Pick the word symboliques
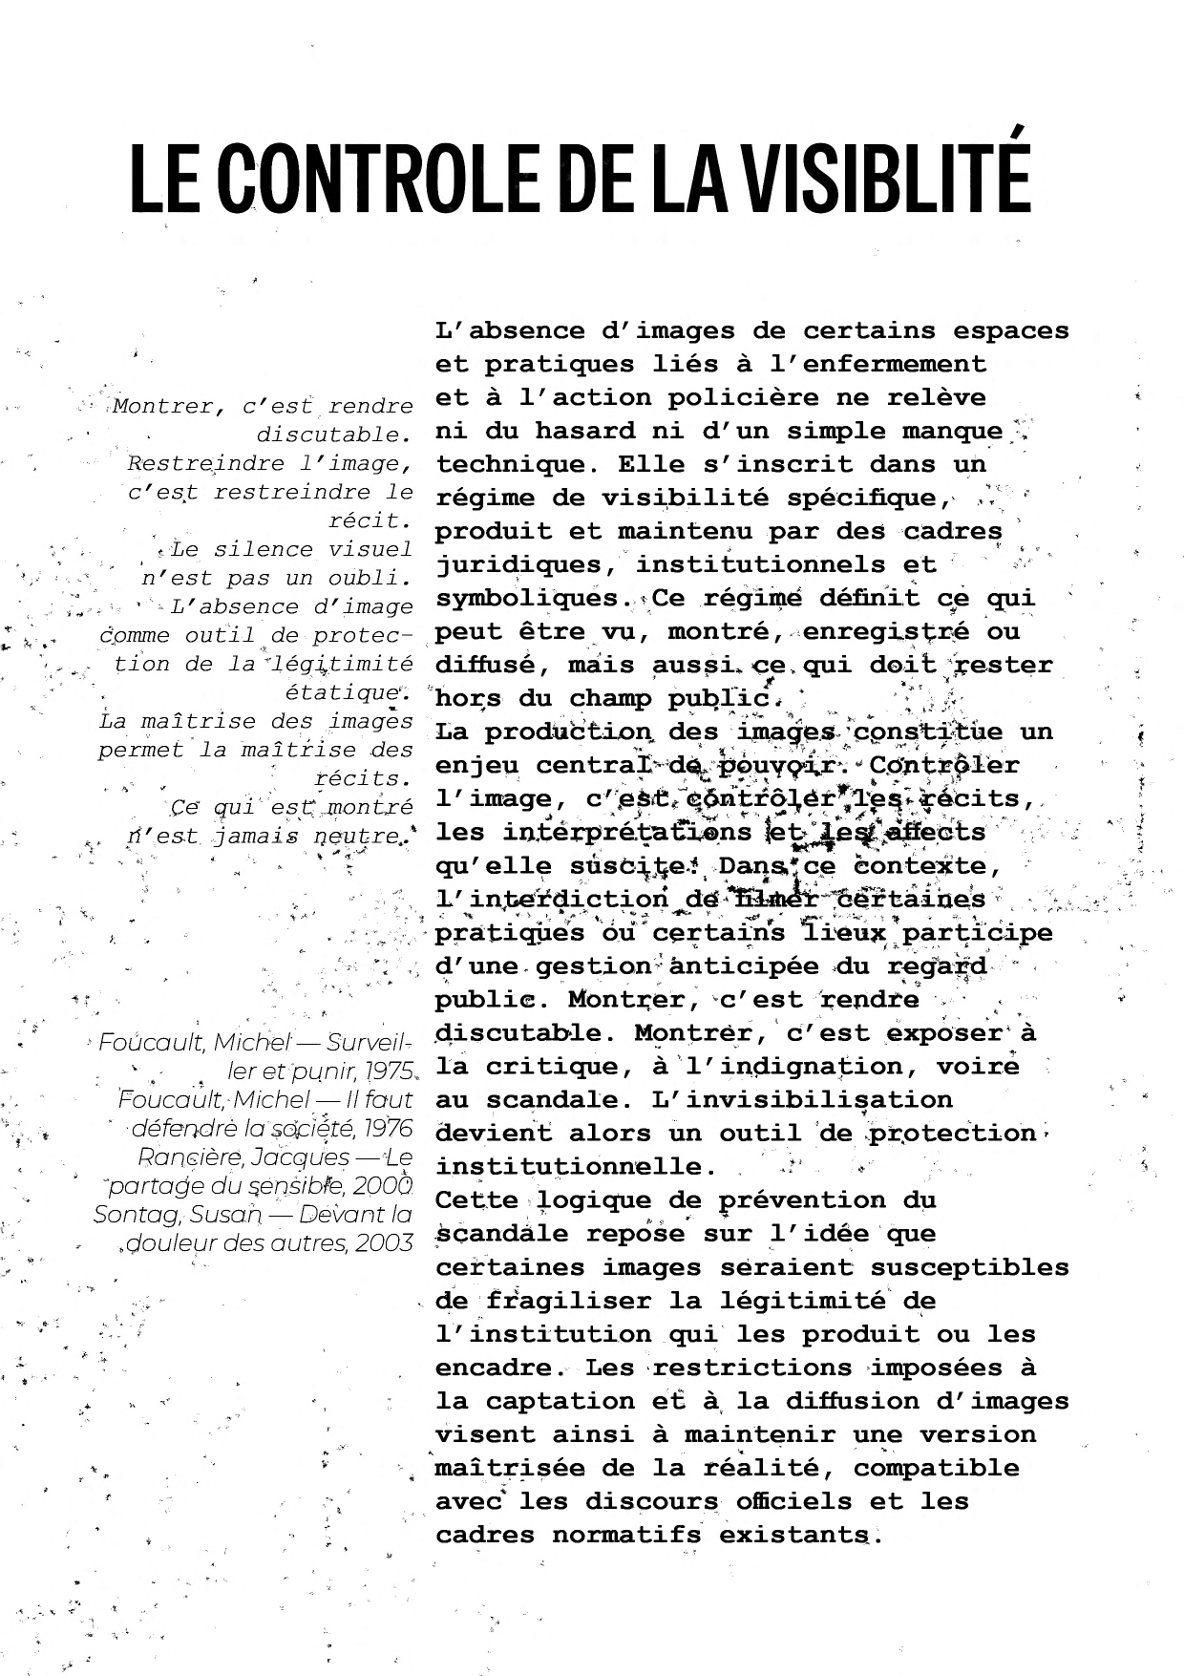(x=527, y=599)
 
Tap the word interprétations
(x=627, y=832)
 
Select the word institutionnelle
(x=576, y=1166)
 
